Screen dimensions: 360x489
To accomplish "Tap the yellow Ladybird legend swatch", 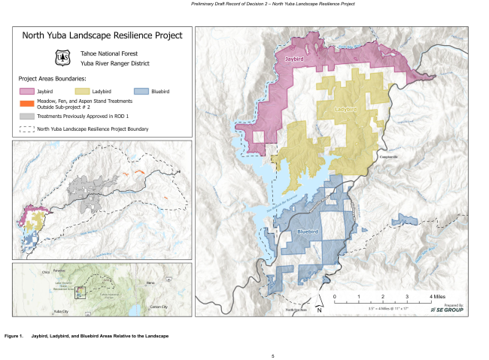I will point(85,90).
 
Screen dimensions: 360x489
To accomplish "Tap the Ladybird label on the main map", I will point(345,110).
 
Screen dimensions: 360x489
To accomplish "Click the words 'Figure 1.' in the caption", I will point(14,334).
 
